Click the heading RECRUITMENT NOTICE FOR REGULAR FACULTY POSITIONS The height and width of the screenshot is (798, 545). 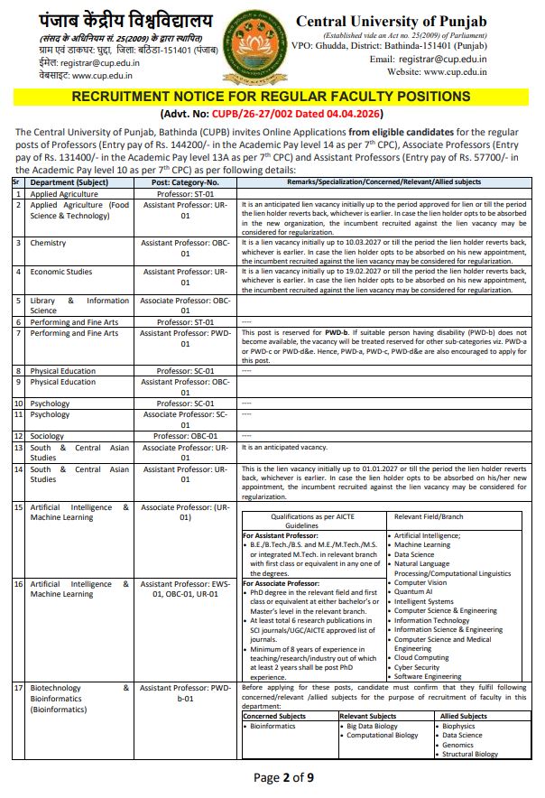(271, 97)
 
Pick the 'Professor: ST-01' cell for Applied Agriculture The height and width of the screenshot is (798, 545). (185, 193)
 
